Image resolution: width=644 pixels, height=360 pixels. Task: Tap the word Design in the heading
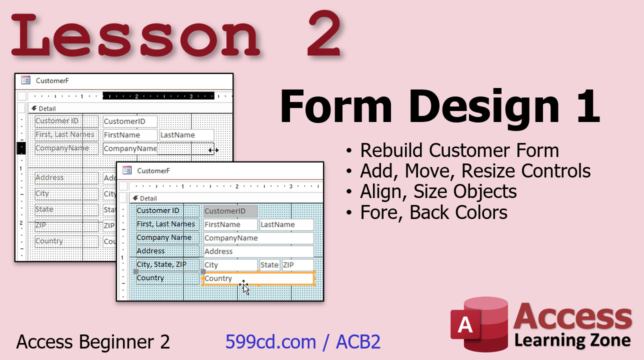[x=484, y=107]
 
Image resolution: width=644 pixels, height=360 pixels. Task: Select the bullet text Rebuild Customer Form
[x=459, y=150]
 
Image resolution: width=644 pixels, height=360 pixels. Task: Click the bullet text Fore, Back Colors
[x=433, y=212]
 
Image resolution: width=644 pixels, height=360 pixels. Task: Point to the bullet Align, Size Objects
[x=438, y=192]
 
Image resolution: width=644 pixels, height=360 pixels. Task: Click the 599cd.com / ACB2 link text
[x=303, y=342]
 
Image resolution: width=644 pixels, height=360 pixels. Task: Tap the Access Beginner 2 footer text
[x=93, y=342]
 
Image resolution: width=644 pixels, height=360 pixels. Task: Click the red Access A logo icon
[x=479, y=324]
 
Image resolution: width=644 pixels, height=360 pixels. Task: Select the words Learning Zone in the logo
[x=572, y=340]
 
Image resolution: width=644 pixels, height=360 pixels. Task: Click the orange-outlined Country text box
[x=258, y=278]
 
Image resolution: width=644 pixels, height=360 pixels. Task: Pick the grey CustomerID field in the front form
[x=230, y=211]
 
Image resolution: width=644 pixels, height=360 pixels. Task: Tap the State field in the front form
[x=269, y=265]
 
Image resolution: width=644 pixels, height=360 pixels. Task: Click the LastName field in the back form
[x=186, y=135]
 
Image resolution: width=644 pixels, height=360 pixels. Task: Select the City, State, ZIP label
[x=161, y=264]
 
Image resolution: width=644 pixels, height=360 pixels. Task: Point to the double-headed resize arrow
[x=213, y=150]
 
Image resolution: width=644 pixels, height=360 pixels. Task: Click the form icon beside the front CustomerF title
[x=127, y=170]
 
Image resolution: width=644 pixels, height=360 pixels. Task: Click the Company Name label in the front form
[x=164, y=237]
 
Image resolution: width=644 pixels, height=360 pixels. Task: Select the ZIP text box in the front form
[x=297, y=265]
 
